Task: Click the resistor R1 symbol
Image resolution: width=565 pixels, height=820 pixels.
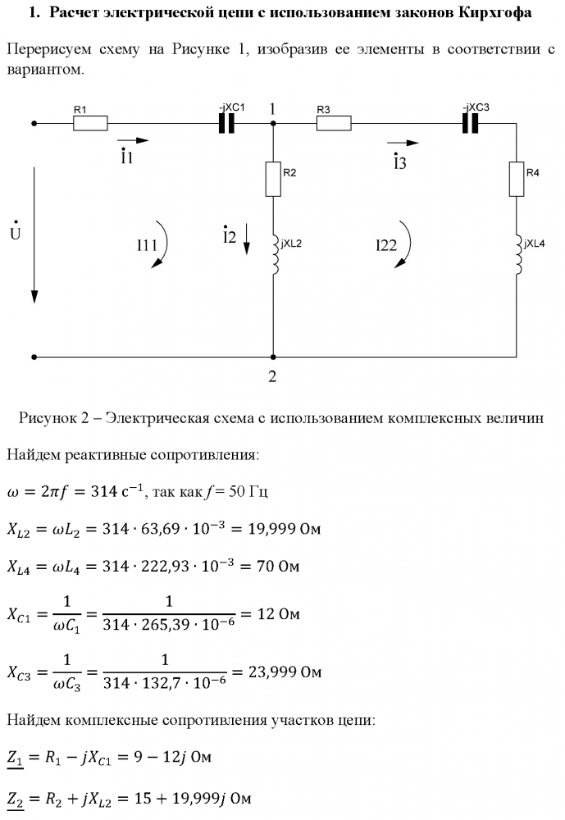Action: pos(90,124)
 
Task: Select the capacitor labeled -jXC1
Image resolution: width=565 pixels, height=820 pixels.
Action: pos(227,124)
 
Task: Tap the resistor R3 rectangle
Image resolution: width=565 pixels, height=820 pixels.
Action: pos(334,124)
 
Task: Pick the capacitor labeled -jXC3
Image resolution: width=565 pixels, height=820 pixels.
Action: pos(470,124)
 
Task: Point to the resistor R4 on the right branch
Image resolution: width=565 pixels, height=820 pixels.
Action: pos(517,179)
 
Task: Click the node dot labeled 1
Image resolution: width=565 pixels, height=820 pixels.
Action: pos(272,124)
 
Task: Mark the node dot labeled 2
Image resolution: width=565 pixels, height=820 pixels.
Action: pos(272,358)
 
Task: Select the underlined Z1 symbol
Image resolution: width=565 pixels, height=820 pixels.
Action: pos(16,758)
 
